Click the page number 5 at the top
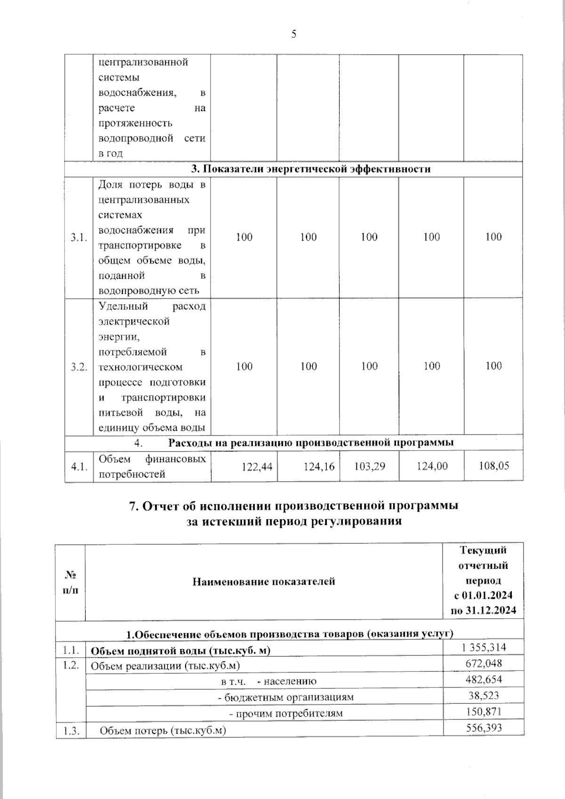pyautogui.click(x=294, y=34)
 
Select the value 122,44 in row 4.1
pyautogui.click(x=257, y=466)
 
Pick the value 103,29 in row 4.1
pyautogui.click(x=369, y=466)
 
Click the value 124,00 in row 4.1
pyautogui.click(x=432, y=466)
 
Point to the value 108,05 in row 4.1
pyautogui.click(x=493, y=466)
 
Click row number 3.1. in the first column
pyautogui.click(x=79, y=237)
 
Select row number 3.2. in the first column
pyautogui.click(x=79, y=367)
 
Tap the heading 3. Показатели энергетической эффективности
pyautogui.click(x=311, y=169)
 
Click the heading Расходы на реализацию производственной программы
pyautogui.click(x=311, y=443)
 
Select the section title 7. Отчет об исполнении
pyautogui.click(x=294, y=506)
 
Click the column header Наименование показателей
pyautogui.click(x=264, y=581)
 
